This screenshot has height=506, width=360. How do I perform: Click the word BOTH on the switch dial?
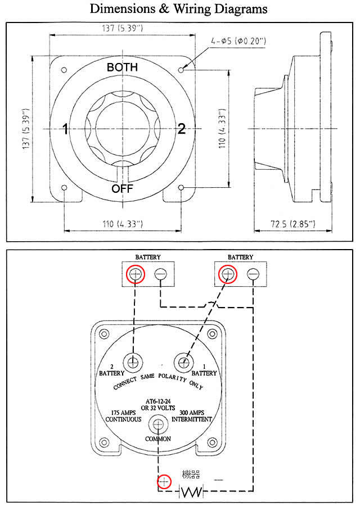[123, 67]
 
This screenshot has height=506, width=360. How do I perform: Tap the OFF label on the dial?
[123, 188]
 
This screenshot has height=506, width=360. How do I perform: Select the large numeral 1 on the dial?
[66, 129]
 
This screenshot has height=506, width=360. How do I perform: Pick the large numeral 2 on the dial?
[182, 129]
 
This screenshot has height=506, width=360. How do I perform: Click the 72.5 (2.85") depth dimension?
[293, 224]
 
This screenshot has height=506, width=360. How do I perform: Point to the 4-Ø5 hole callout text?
[238, 41]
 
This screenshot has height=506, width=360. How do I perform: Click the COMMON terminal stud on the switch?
[158, 424]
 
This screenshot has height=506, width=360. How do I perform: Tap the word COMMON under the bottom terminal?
[158, 439]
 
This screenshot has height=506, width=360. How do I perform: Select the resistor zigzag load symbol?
[192, 492]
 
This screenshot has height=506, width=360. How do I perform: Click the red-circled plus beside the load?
[164, 482]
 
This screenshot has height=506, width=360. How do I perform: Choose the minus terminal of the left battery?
[160, 274]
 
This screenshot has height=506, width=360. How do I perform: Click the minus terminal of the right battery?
[253, 274]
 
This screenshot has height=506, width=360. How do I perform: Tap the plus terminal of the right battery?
[228, 274]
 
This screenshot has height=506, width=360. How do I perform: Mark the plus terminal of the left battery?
[136, 274]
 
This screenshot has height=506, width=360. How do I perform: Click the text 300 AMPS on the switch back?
[192, 413]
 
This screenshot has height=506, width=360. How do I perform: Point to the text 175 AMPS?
[123, 413]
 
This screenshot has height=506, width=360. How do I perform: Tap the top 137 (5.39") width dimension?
[123, 28]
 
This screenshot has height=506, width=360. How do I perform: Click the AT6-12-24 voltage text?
[158, 402]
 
